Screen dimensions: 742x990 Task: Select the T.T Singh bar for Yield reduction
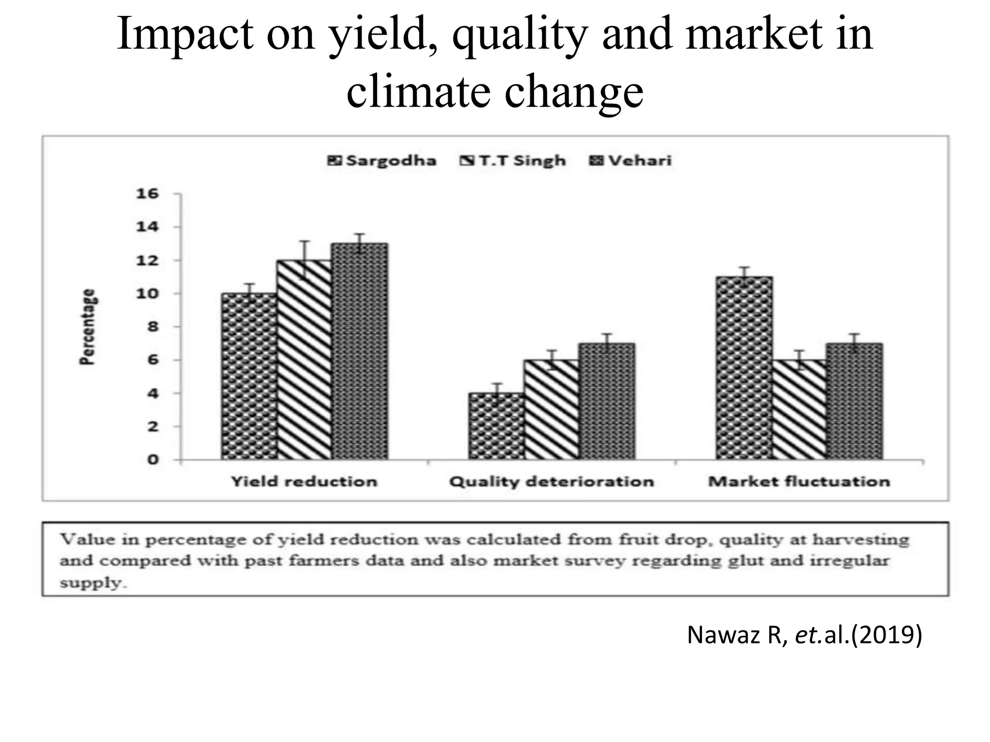(x=305, y=360)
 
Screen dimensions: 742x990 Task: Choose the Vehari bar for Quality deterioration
(x=607, y=401)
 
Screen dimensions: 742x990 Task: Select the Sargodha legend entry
(x=382, y=160)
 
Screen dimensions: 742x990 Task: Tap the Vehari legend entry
(x=631, y=160)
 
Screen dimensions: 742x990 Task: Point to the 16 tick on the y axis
(x=147, y=194)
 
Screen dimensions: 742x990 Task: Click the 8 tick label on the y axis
(x=153, y=327)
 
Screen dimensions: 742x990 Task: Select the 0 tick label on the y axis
(x=153, y=459)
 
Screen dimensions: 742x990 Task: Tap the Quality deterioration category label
(x=552, y=482)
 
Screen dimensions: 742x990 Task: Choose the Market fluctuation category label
(x=799, y=482)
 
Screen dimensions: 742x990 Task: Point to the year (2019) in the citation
(x=887, y=635)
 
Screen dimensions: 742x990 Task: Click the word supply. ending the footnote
(x=93, y=583)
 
